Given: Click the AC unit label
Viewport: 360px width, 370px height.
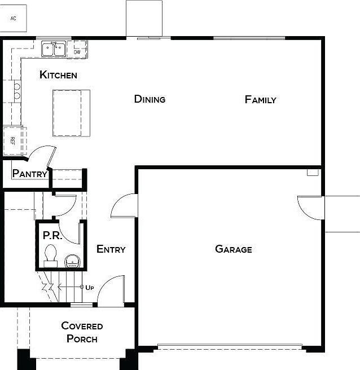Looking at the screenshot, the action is (x=13, y=19).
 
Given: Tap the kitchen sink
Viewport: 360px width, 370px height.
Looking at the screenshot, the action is (x=54, y=49).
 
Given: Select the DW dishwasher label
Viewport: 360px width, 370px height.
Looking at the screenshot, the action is (x=77, y=52).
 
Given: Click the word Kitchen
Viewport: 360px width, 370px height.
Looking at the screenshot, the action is (x=58, y=75).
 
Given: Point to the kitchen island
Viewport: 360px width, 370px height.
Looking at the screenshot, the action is (x=71, y=113).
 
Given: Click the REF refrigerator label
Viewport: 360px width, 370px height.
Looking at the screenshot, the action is (x=13, y=140).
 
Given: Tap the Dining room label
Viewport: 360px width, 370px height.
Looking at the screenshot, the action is (x=150, y=99).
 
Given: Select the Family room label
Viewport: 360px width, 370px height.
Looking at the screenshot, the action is (x=260, y=100).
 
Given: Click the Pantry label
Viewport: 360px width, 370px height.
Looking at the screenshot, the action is (x=30, y=174).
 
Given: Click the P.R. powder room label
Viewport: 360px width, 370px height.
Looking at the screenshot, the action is (x=52, y=235).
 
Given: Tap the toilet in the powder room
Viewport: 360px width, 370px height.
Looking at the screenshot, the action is (x=51, y=256).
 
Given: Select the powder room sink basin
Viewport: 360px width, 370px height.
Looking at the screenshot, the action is (x=73, y=261).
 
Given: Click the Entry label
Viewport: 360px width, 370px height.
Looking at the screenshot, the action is (x=111, y=249).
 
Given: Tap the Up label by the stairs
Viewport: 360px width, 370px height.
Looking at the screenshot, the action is (x=90, y=288).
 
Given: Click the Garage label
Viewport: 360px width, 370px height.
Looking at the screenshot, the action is (x=234, y=249).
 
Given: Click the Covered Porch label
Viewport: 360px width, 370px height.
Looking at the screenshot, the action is (x=82, y=332).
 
